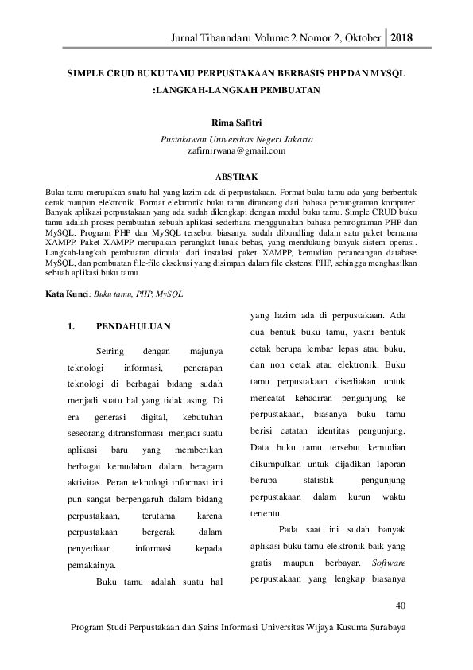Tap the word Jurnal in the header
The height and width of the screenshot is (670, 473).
(198, 38)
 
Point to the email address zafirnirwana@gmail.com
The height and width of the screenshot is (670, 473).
(236, 150)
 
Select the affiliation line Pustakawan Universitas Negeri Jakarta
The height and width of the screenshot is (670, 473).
(236, 139)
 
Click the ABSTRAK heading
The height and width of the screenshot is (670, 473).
(236, 176)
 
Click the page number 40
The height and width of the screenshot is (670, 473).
(400, 607)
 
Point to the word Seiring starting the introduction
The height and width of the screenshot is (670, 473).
(110, 351)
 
